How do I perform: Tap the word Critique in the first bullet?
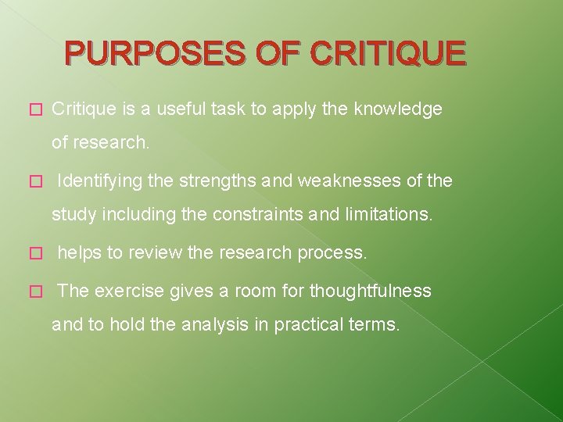click(84, 109)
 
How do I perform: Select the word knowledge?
click(398, 109)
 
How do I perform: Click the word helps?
click(79, 253)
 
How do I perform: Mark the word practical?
click(303, 324)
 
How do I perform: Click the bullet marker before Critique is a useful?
click(32, 110)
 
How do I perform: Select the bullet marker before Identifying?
click(32, 182)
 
